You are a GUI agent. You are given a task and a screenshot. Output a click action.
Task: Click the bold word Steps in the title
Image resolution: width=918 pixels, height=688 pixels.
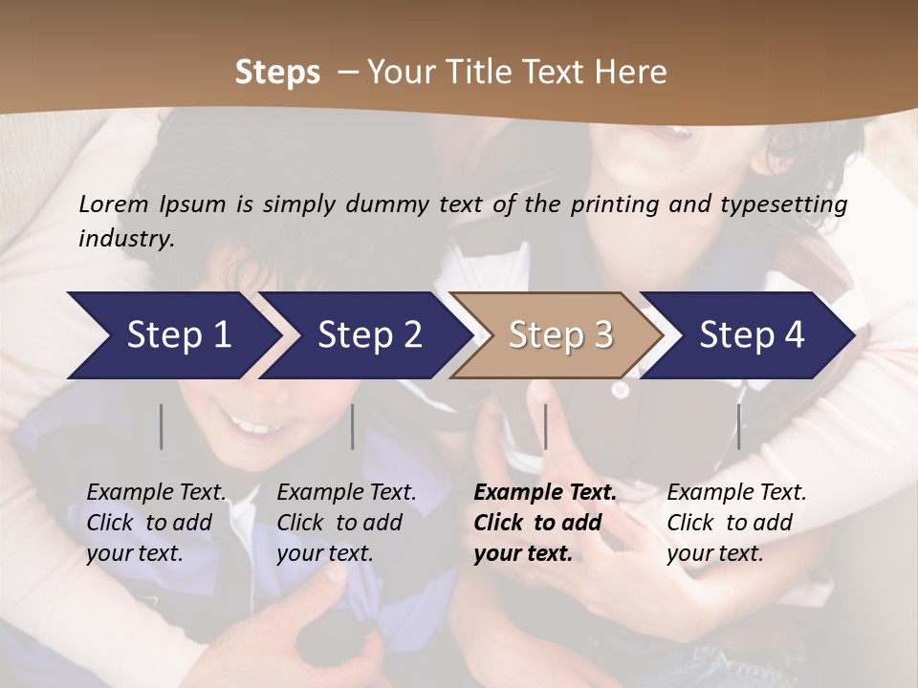pos(277,73)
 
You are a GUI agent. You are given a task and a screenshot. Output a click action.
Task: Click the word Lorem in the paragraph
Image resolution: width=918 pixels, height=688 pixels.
pos(112,204)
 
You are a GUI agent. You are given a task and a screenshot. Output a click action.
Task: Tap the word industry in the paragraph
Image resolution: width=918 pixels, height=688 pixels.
pos(125,239)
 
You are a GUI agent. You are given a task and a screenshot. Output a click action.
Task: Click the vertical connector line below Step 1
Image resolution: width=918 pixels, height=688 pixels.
pos(161,426)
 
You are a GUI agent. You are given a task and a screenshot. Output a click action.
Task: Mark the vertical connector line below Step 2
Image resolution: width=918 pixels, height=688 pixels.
pos(353,426)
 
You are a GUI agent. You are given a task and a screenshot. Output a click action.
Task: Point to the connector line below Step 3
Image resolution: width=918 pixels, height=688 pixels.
pos(545,426)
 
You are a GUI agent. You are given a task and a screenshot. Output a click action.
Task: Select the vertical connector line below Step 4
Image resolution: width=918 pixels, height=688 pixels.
pos(738,426)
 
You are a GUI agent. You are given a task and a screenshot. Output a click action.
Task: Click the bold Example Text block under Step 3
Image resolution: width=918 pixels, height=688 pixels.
pos(545,523)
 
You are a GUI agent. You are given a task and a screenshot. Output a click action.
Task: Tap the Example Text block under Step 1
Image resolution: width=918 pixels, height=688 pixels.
pos(156,523)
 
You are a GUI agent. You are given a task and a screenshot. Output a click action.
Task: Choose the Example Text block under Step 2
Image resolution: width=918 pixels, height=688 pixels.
pos(346,523)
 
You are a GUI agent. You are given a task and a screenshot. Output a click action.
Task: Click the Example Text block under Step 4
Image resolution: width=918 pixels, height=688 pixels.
pos(736,523)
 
